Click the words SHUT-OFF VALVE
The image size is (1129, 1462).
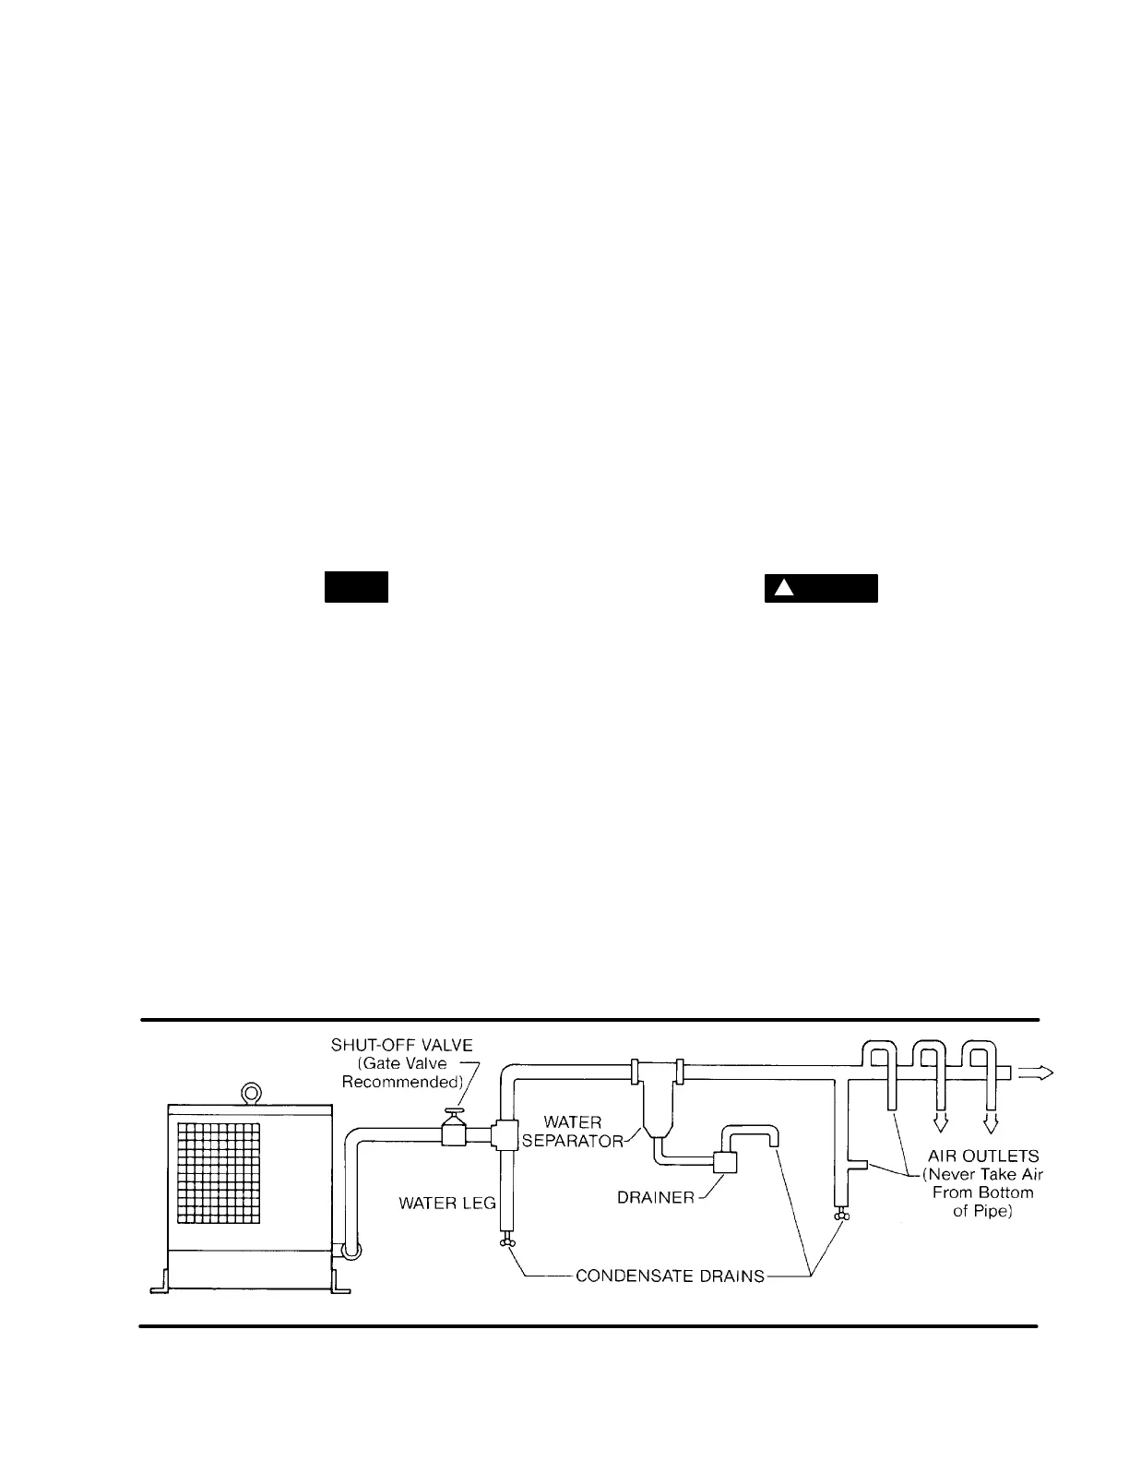[401, 1045]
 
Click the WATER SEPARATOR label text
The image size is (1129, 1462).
[573, 1131]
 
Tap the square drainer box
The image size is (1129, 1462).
[725, 1163]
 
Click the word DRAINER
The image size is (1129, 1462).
[656, 1198]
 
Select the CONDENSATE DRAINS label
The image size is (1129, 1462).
[670, 1276]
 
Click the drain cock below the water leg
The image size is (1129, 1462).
[506, 1244]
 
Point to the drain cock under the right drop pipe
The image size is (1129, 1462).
[840, 1218]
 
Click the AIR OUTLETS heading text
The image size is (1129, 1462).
[983, 1156]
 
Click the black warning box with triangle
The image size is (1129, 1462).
[820, 588]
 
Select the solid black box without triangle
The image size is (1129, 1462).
[355, 588]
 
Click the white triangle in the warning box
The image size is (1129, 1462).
[783, 588]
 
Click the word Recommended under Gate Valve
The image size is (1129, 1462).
[402, 1082]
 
